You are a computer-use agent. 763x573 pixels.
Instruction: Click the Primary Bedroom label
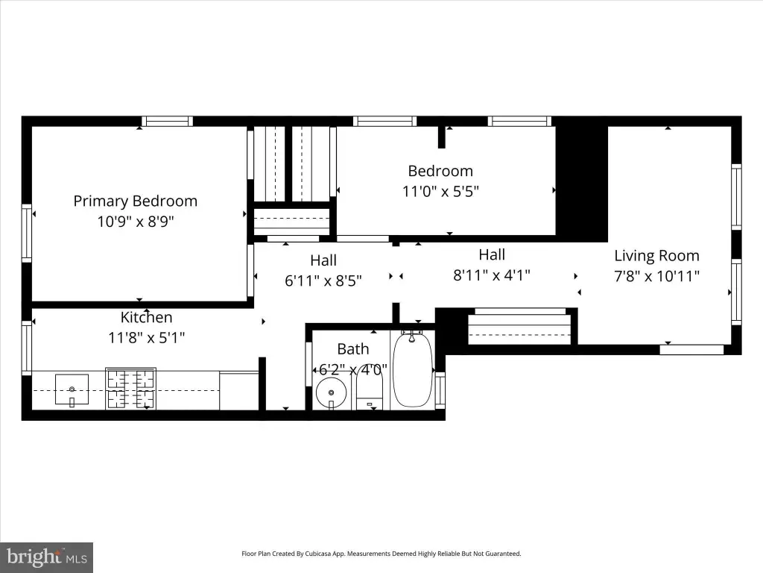click(136, 201)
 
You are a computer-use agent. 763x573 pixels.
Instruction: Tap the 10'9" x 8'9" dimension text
click(136, 222)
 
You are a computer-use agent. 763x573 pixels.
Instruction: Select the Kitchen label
click(147, 317)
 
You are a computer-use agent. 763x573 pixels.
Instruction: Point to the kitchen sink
click(72, 389)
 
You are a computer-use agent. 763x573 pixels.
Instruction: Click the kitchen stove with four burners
click(131, 389)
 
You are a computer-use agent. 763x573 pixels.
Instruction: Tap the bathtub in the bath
click(413, 369)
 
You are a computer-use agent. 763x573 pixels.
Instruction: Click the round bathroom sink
click(332, 392)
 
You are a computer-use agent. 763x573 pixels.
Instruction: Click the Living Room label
click(656, 256)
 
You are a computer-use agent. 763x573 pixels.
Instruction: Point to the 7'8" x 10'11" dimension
click(656, 276)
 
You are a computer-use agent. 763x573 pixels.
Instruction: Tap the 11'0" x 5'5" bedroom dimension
click(440, 192)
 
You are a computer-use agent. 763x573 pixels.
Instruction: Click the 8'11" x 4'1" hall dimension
click(492, 275)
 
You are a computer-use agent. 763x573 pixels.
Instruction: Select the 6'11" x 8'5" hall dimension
click(323, 281)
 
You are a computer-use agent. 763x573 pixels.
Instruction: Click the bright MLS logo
click(47, 557)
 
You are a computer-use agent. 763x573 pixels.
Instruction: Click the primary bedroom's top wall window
click(168, 122)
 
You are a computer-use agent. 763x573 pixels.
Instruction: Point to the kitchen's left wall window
click(27, 348)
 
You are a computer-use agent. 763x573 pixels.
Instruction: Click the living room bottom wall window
click(691, 349)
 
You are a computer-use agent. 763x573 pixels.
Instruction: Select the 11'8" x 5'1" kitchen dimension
click(147, 338)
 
